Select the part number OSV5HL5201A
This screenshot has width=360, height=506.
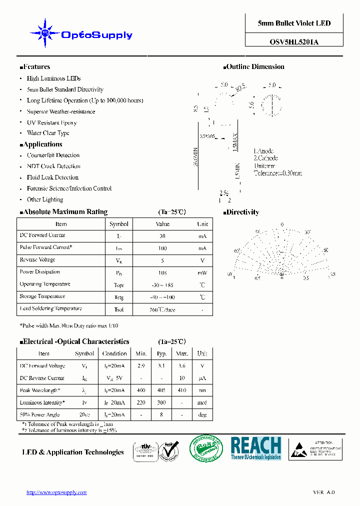pos(294,42)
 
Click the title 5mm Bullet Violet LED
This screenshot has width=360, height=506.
pos(294,23)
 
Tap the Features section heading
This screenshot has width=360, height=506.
pos(35,67)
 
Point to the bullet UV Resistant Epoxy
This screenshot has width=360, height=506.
pos(51,122)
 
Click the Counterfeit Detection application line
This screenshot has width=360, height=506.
pos(53,155)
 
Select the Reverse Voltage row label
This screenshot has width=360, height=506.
pos(37,260)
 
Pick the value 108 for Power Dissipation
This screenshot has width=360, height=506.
pos(162,273)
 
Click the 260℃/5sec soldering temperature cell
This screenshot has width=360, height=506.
pos(162,309)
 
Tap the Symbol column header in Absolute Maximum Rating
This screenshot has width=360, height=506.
pos(119,224)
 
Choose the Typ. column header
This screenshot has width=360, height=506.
pos(161,353)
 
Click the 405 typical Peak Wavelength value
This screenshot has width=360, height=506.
pos(161,390)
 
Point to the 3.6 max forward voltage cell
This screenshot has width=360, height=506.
pos(182,366)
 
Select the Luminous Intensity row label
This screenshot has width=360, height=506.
pos(42,402)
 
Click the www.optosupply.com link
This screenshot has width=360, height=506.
pos(56,492)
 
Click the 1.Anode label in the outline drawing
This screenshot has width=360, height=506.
pos(263,151)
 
